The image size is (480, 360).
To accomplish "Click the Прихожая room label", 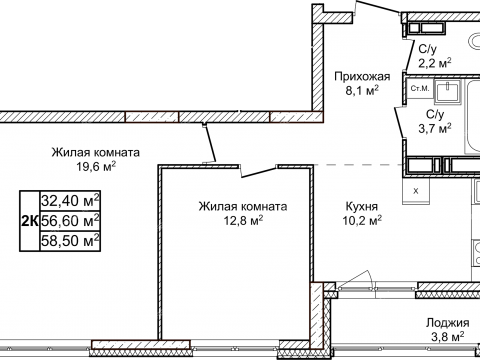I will click(x=361, y=75).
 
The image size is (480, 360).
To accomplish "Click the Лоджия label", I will click(x=446, y=323).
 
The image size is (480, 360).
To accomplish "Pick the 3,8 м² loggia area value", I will click(x=446, y=339).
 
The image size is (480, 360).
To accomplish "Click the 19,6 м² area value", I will click(x=96, y=168).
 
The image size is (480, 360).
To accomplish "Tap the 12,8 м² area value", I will click(x=242, y=221).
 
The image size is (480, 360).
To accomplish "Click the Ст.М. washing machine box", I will click(x=420, y=91).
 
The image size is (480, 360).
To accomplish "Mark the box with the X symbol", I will click(x=416, y=189).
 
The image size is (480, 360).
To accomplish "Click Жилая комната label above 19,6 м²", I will click(x=96, y=153).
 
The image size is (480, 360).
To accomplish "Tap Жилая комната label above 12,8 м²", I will click(x=242, y=206).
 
